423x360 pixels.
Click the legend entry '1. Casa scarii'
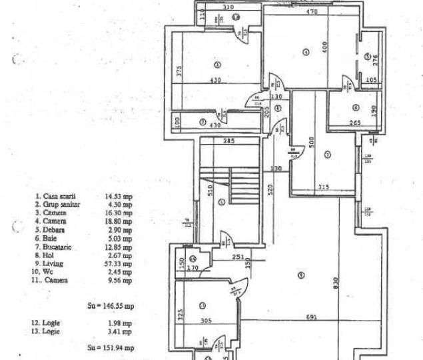pyautogui.click(x=56, y=197)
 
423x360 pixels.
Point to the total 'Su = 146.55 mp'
pyautogui.click(x=111, y=306)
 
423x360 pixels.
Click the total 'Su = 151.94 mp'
pyautogui.click(x=111, y=347)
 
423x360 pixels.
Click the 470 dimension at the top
pyautogui.click(x=310, y=11)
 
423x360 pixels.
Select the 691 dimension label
pyautogui.click(x=310, y=317)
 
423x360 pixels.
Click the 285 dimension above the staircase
pyautogui.click(x=228, y=141)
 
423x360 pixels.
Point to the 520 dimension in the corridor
pyautogui.click(x=270, y=189)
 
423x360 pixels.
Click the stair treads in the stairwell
pyautogui.click(x=220, y=180)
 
